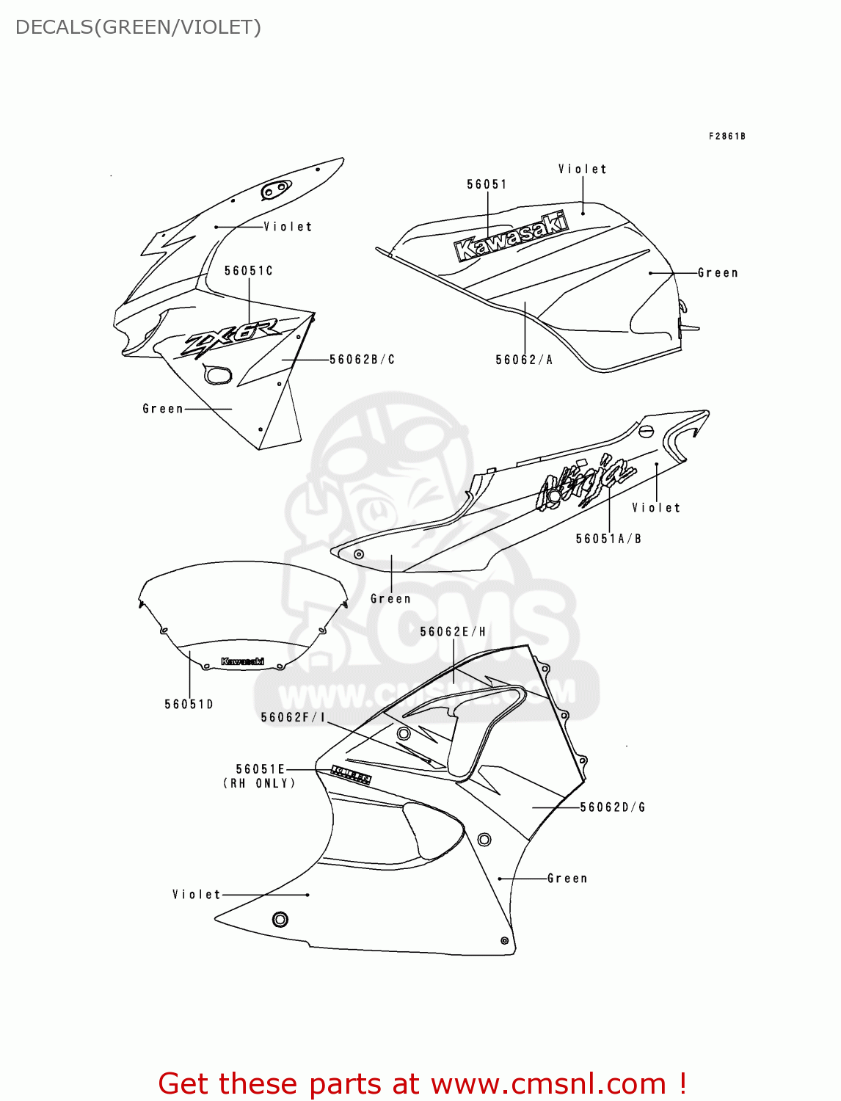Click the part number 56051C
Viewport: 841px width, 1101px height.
(248, 271)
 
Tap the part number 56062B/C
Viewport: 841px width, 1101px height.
(362, 360)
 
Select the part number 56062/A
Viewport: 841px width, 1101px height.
(524, 360)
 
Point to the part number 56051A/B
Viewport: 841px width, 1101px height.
(608, 539)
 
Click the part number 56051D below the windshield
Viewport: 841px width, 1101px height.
(189, 705)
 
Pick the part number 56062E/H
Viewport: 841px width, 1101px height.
(453, 632)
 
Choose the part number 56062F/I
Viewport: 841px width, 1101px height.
(293, 717)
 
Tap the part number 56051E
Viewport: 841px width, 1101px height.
(260, 769)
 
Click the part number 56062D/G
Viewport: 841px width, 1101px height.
(613, 807)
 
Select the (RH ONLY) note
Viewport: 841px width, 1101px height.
(259, 784)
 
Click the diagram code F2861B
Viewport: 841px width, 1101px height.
(727, 137)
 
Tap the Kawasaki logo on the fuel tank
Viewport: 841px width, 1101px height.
(511, 236)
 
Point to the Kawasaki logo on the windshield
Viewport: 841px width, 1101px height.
(242, 661)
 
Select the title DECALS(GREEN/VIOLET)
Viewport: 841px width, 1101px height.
(138, 27)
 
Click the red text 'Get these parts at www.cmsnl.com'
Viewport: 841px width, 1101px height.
(422, 1083)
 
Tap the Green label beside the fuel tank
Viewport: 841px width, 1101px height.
(717, 273)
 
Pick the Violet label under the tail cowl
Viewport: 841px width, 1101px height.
(656, 508)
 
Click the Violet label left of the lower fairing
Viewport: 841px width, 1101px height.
(196, 895)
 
